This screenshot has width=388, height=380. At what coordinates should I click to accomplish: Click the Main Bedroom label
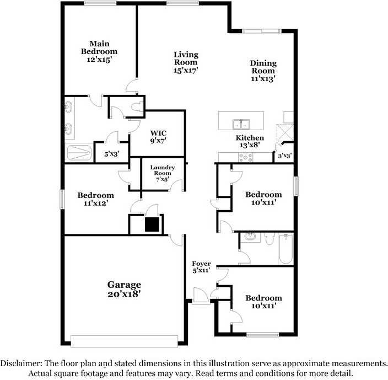100,51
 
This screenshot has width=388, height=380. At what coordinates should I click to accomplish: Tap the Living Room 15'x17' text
186,62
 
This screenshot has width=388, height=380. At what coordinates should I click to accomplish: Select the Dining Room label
263,71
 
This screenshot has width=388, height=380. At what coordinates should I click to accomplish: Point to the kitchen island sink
241,123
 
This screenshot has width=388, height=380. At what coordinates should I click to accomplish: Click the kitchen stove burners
245,157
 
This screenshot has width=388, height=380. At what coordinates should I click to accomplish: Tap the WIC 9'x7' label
158,136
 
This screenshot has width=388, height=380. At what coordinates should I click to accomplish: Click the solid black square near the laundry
151,224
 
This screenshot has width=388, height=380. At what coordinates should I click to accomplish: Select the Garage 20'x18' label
124,289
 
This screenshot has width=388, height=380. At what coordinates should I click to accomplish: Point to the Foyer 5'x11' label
201,267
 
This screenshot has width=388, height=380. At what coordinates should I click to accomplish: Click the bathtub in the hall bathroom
285,249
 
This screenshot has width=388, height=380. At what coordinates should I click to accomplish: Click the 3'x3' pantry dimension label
284,156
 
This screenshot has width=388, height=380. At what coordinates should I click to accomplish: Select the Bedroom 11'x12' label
95,199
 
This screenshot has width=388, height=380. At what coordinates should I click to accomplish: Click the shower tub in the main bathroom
79,152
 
